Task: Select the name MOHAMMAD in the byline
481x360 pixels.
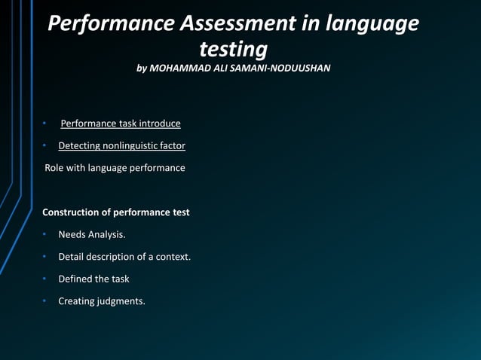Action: (182, 69)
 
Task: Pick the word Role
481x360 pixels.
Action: (54, 168)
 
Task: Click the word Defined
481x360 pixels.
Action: (75, 279)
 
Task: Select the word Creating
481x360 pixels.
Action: (77, 302)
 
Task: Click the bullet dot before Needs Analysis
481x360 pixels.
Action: (45, 235)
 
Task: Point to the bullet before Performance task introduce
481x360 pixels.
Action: (45, 123)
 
